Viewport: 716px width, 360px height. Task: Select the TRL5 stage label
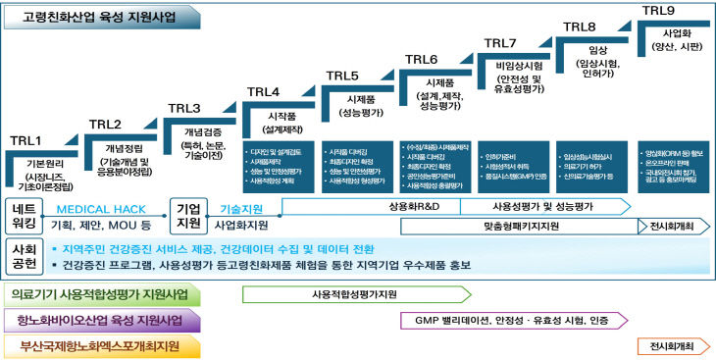pyautogui.click(x=342, y=76)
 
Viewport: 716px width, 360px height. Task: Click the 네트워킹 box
pyautogui.click(x=25, y=217)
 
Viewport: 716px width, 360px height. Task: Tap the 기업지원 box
pyautogui.click(x=187, y=217)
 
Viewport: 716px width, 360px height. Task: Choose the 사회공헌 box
pyautogui.click(x=25, y=256)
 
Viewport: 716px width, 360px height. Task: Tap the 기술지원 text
pyautogui.click(x=241, y=209)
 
